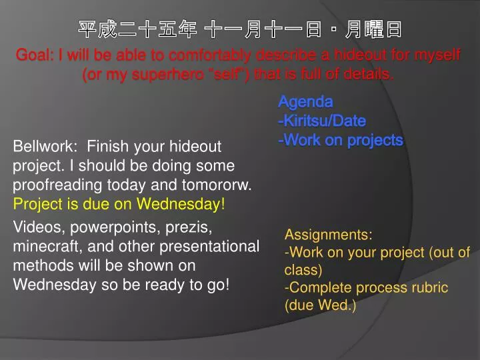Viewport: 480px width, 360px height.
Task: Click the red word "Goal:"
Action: pos(35,55)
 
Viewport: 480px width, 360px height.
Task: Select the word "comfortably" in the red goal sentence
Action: pos(210,56)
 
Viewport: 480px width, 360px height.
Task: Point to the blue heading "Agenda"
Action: pos(305,102)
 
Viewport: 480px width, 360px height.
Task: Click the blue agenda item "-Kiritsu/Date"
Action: pos(322,121)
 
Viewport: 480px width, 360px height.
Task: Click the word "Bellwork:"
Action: pos(45,146)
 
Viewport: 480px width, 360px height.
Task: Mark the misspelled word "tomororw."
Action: pos(217,185)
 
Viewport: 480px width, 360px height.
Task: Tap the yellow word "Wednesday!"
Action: pos(181,204)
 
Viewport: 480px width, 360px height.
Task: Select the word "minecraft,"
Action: pos(48,247)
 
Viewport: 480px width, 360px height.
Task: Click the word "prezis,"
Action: pos(189,228)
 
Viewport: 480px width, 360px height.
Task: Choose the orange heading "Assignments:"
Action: pos(328,235)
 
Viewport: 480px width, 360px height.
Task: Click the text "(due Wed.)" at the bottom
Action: pos(320,305)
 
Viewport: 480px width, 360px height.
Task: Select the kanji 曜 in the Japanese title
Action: pos(373,29)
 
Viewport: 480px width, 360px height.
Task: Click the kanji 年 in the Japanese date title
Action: pos(187,29)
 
